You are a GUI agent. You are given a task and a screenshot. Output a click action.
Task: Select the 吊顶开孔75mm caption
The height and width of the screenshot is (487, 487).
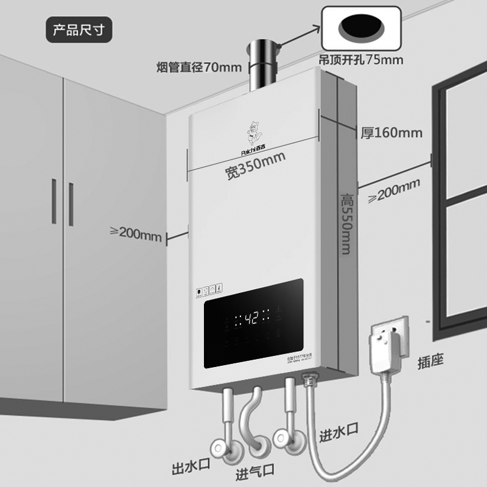pos(362,60)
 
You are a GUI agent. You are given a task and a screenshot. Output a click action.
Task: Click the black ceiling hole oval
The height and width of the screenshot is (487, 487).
pos(362,27)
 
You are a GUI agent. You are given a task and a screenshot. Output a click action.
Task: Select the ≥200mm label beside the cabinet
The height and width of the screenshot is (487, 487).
pos(135,233)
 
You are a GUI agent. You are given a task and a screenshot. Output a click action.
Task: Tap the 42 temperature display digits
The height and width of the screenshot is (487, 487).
pos(254,318)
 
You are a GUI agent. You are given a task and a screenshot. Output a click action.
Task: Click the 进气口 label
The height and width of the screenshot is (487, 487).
pos(255,470)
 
